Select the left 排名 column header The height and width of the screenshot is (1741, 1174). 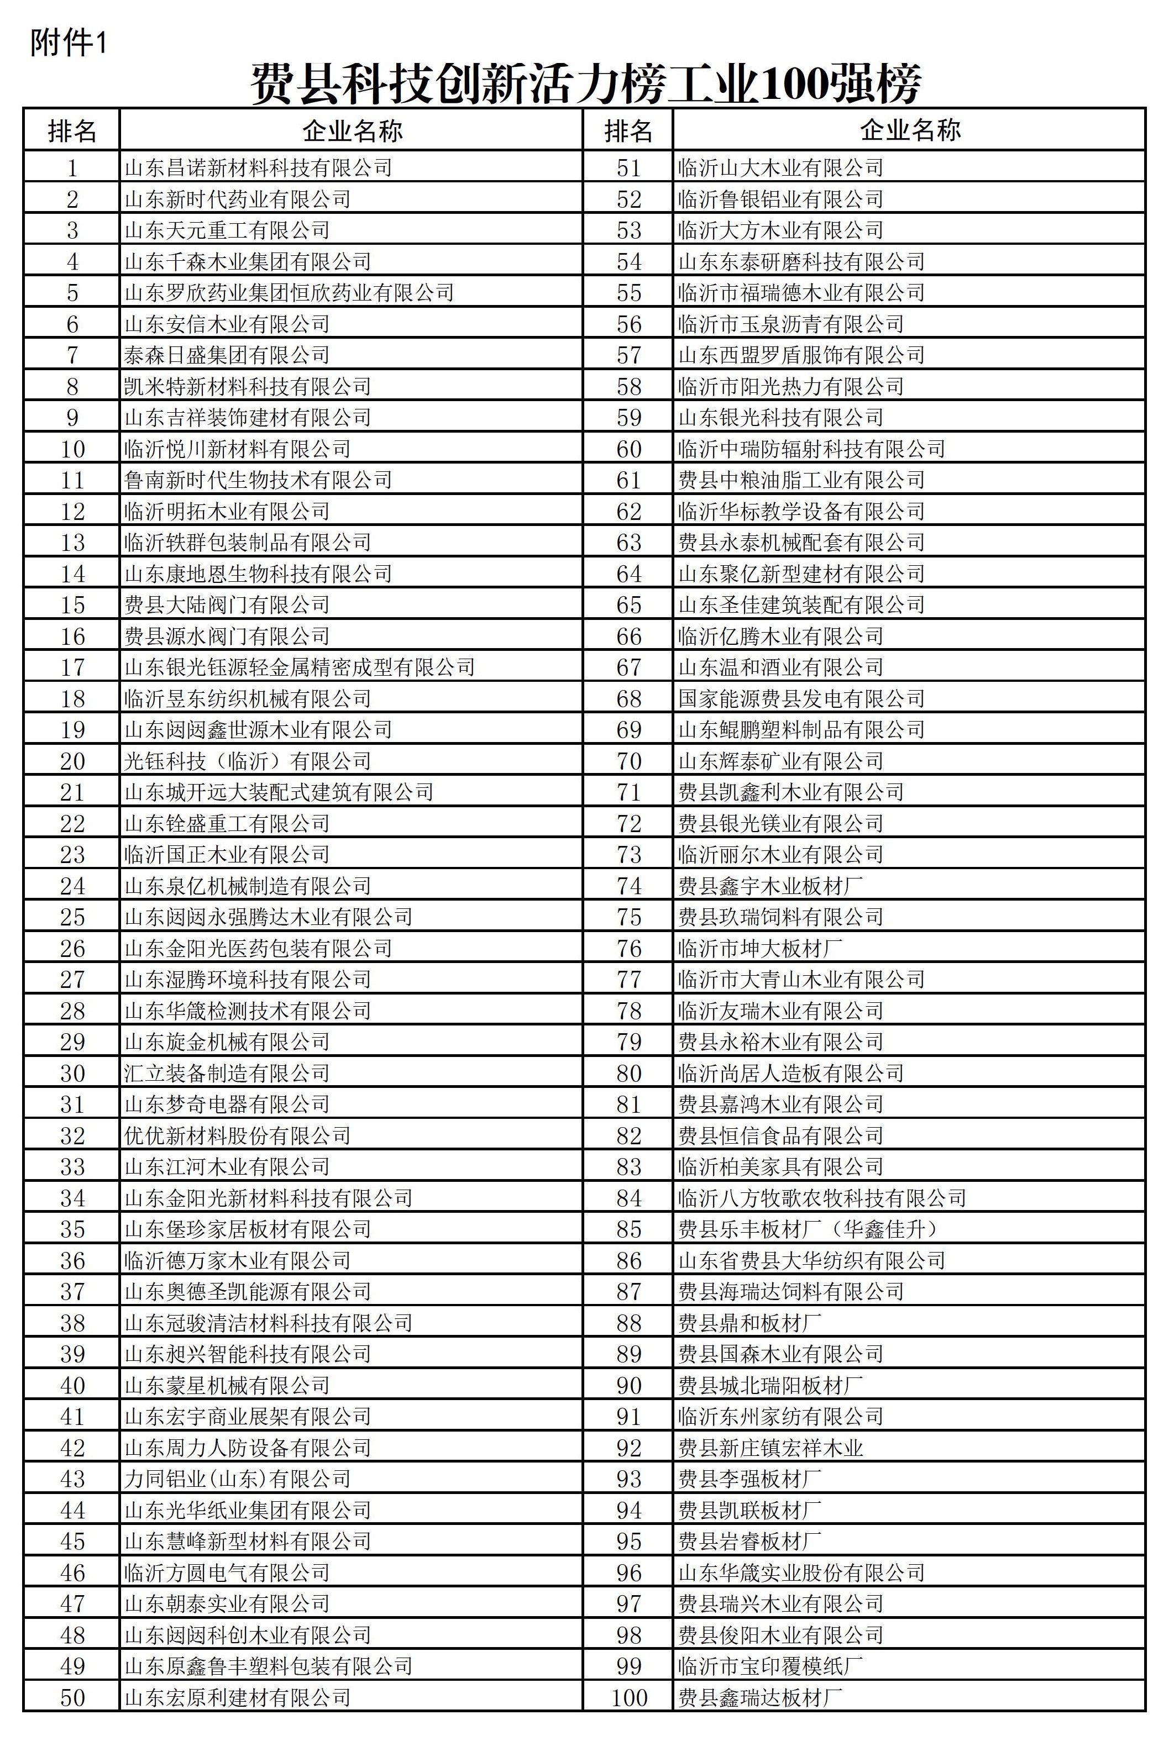click(x=72, y=131)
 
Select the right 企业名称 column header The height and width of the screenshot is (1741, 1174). click(x=910, y=130)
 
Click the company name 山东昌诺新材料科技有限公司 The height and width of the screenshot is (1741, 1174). click(x=258, y=167)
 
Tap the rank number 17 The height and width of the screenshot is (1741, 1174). click(x=72, y=667)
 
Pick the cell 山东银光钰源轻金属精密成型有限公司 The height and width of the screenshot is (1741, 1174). click(x=300, y=667)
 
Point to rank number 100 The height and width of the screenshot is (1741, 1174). click(x=628, y=1697)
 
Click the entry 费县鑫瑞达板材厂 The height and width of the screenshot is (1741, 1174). click(x=760, y=1697)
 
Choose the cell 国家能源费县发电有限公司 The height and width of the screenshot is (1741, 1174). click(x=801, y=699)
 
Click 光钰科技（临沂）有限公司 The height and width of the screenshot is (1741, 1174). click(x=248, y=761)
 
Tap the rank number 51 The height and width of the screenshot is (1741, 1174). click(x=628, y=167)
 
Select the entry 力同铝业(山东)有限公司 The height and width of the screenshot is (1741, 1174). click(x=237, y=1479)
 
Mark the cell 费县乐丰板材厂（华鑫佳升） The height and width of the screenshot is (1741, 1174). click(x=809, y=1229)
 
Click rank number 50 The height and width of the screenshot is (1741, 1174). click(x=72, y=1697)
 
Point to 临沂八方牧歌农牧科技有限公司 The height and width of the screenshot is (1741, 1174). click(x=822, y=1197)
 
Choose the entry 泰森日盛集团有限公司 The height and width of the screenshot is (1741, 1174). click(x=227, y=355)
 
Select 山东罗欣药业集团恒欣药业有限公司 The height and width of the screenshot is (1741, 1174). click(x=289, y=293)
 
